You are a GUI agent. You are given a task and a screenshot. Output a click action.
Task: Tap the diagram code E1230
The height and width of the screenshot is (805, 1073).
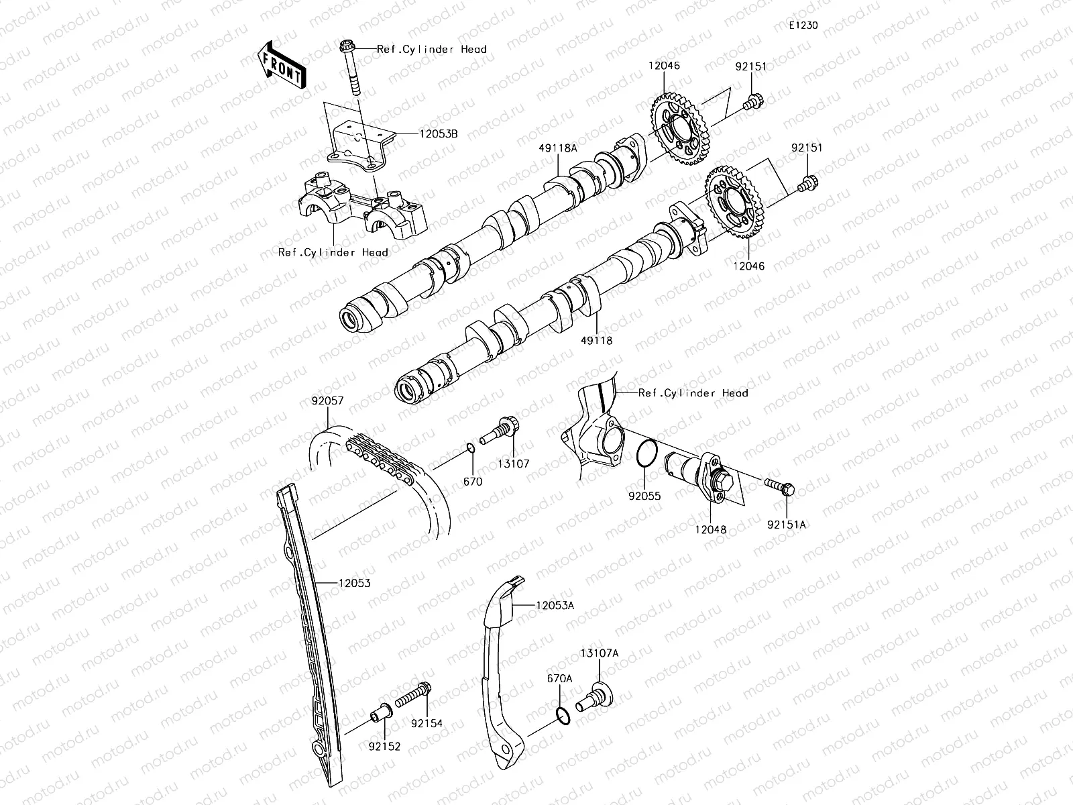(x=803, y=25)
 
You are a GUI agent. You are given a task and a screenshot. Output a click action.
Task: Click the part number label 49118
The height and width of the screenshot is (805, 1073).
(x=597, y=340)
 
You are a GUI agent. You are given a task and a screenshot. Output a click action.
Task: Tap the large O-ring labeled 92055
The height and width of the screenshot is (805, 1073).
(x=646, y=453)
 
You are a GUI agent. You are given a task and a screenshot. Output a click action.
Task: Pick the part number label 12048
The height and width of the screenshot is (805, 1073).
(x=710, y=529)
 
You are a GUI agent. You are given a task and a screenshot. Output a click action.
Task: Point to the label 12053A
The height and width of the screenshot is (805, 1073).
(x=555, y=605)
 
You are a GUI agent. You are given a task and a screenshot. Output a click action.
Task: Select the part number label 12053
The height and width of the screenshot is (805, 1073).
(x=353, y=584)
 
